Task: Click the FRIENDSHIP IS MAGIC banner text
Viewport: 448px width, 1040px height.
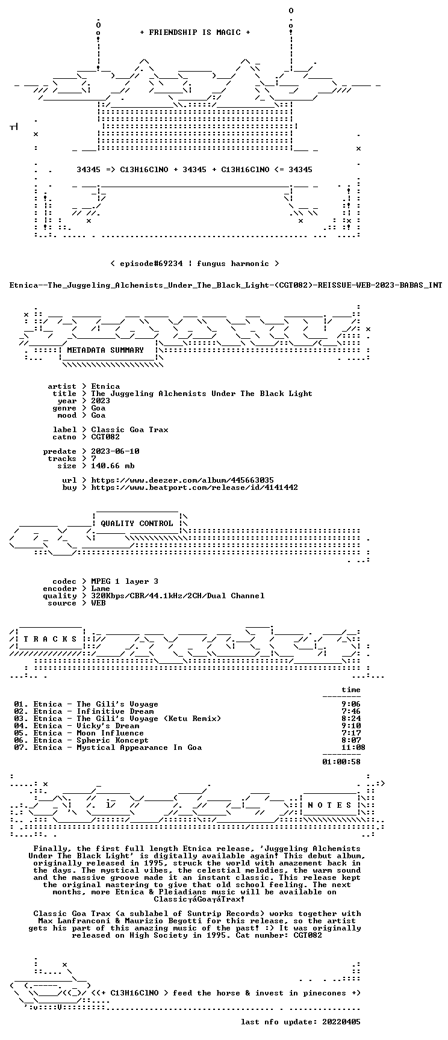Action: point(194,32)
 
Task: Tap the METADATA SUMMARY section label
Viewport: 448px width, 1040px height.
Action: point(105,350)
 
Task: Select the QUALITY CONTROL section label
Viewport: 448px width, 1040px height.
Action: point(137,524)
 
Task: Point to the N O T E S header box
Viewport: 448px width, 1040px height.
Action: point(330,805)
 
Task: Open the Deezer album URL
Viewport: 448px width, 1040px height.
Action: point(182,480)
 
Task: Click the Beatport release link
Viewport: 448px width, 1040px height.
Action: point(194,487)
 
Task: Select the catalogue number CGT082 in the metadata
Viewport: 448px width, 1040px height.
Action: point(105,437)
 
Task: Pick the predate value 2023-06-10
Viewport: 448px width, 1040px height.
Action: point(115,451)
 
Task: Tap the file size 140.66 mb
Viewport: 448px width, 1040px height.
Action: point(113,466)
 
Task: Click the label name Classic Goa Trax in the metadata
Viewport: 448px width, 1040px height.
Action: point(129,430)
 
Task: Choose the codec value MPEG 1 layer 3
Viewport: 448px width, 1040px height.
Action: point(125,581)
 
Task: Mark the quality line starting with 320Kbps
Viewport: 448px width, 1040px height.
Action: point(178,596)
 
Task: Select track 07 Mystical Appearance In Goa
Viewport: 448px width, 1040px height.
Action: point(108,747)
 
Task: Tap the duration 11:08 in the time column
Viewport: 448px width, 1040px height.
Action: point(353,747)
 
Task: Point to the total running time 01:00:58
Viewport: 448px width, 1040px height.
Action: point(341,762)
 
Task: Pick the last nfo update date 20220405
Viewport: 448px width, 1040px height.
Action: point(341,1022)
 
